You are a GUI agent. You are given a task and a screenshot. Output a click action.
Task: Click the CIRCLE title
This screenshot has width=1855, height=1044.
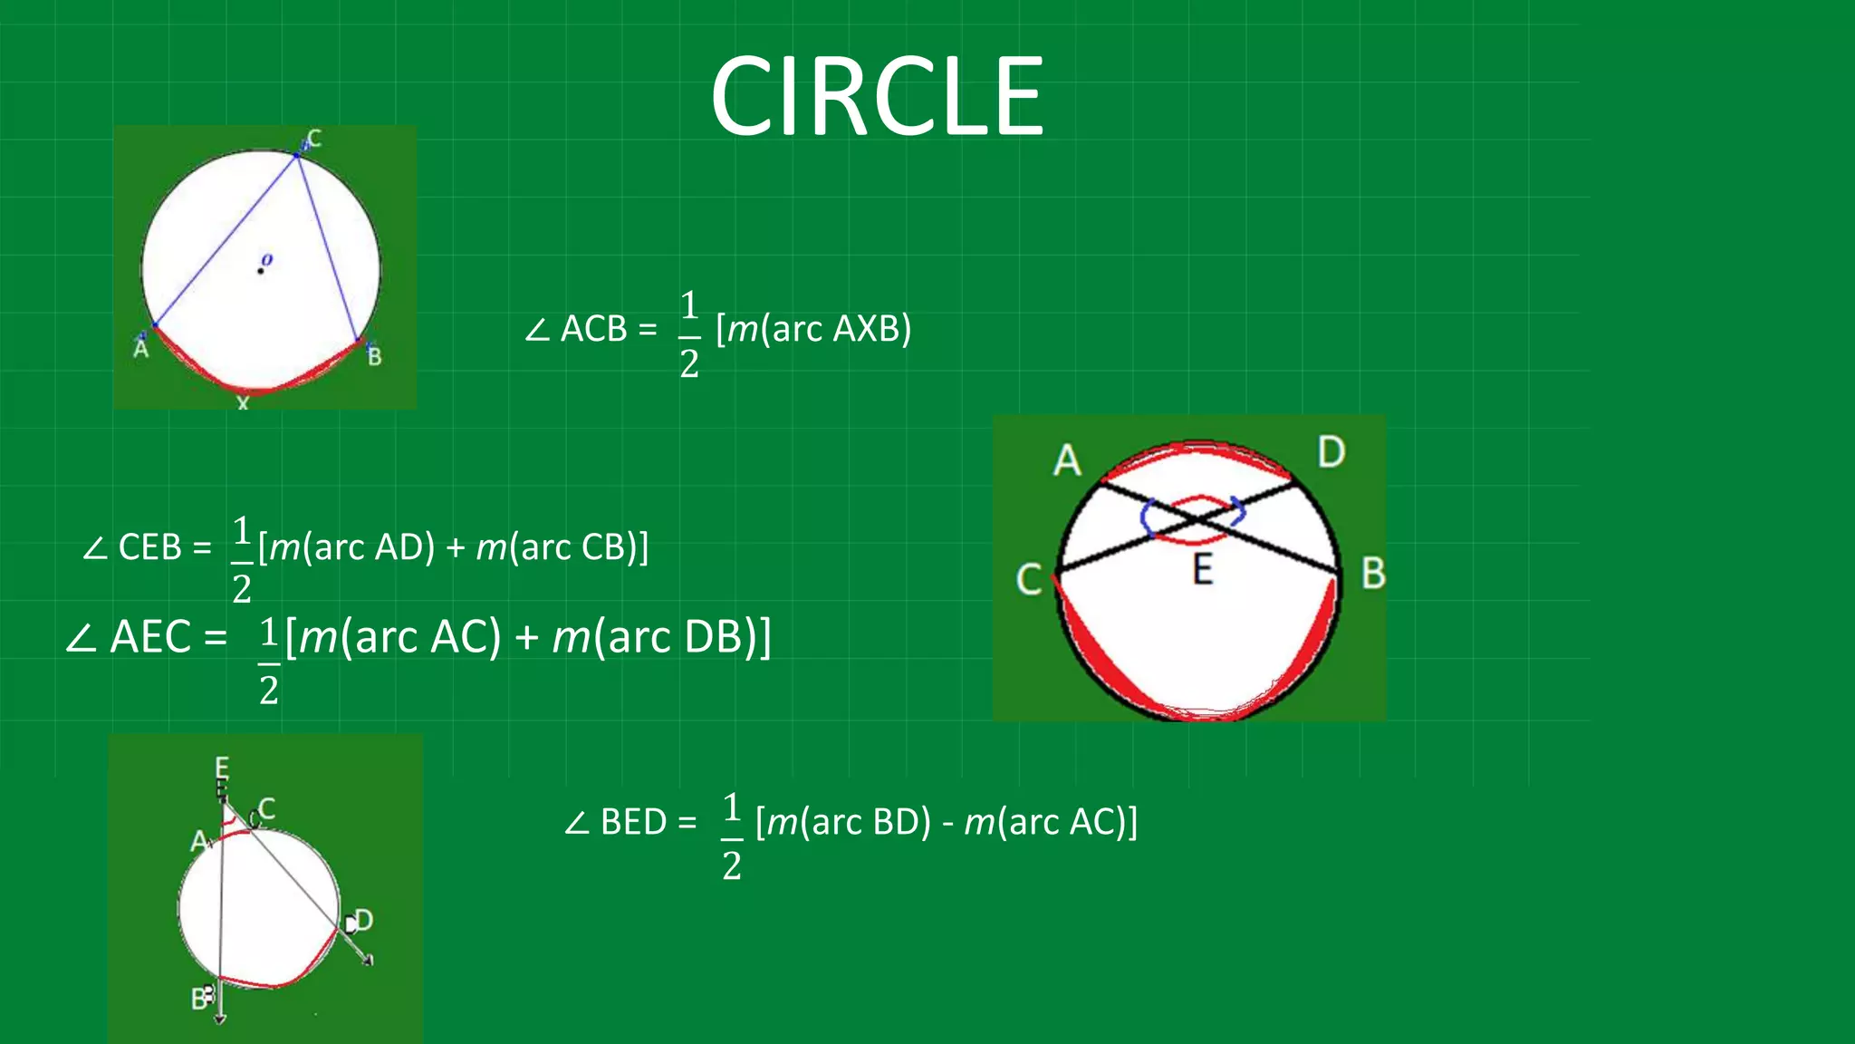pyautogui.click(x=877, y=96)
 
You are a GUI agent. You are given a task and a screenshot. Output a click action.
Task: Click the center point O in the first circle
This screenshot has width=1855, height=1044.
pyautogui.click(x=261, y=270)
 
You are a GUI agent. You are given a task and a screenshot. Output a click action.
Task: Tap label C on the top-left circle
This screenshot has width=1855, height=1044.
pyautogui.click(x=313, y=139)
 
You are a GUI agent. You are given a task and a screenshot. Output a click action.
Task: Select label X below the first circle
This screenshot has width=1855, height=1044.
pyautogui.click(x=242, y=403)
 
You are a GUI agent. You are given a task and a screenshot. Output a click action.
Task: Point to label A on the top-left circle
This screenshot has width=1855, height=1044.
pyautogui.click(x=141, y=348)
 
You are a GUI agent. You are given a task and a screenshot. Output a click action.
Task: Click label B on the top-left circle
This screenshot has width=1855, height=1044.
pyautogui.click(x=374, y=356)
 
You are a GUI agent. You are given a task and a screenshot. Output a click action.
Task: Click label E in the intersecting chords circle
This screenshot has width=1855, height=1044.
pyautogui.click(x=1202, y=570)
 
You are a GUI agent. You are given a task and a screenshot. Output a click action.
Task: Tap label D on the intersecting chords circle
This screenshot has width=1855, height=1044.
pyautogui.click(x=1331, y=451)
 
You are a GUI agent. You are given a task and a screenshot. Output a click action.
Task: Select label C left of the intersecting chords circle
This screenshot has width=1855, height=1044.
pyautogui.click(x=1029, y=579)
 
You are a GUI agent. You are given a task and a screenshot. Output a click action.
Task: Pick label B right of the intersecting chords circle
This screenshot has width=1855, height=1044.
pyautogui.click(x=1373, y=574)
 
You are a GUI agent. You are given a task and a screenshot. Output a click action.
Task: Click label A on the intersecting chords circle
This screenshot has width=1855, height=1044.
pyautogui.click(x=1067, y=460)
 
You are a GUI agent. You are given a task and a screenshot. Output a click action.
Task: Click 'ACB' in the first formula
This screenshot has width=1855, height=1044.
pyautogui.click(x=593, y=329)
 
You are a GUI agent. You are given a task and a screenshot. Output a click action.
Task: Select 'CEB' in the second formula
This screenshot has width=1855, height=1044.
pyautogui.click(x=150, y=547)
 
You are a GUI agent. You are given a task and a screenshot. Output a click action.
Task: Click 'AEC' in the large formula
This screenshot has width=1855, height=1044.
pyautogui.click(x=150, y=637)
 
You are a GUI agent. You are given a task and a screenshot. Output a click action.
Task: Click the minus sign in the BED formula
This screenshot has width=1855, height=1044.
pyautogui.click(x=947, y=823)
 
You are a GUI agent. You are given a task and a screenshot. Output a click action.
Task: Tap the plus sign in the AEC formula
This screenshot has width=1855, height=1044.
pyautogui.click(x=526, y=638)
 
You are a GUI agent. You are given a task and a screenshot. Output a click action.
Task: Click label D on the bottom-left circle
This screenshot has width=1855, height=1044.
pyautogui.click(x=363, y=921)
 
